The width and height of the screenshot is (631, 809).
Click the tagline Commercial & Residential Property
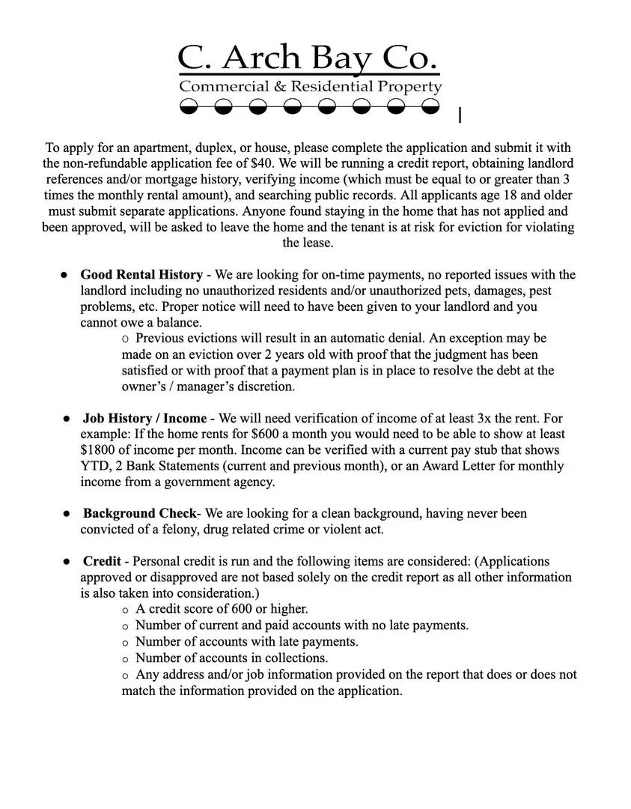(310, 87)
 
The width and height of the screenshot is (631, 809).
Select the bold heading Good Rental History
(141, 275)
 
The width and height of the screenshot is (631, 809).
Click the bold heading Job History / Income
(144, 418)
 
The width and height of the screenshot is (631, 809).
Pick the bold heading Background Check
(139, 514)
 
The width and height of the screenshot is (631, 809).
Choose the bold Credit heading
(103, 562)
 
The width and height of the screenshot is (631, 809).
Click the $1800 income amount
(98, 450)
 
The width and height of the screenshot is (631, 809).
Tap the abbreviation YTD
(94, 466)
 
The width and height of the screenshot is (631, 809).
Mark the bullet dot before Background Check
(67, 514)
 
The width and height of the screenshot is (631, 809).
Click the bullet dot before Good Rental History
(65, 275)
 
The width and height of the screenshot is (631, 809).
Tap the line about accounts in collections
(231, 658)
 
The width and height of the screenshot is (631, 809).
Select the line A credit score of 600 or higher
(222, 610)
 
